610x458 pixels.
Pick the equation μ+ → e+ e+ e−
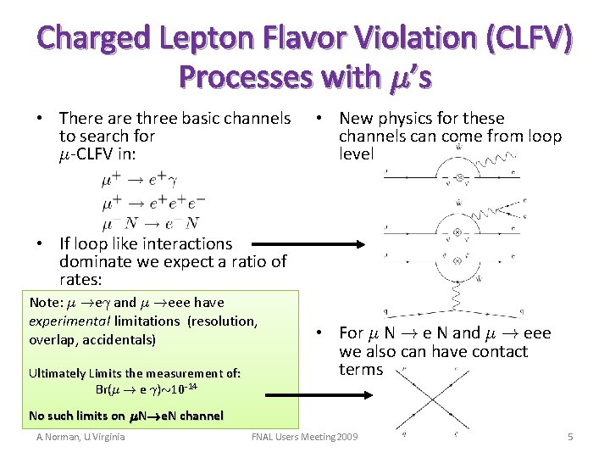point(153,203)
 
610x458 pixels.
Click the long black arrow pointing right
point(314,248)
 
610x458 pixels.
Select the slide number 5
point(570,437)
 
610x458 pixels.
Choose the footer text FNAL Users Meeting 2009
point(305,437)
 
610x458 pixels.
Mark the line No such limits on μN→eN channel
point(125,416)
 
